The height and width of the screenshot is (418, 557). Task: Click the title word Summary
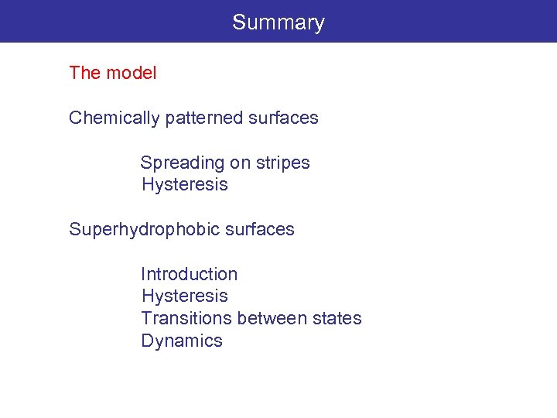278,22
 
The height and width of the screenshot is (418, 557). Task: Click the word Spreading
181,163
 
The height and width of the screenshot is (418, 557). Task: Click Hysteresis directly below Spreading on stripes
184,185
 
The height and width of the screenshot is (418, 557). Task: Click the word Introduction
189,275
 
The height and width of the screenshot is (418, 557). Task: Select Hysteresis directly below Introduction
184,296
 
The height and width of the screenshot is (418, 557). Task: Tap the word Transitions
186,318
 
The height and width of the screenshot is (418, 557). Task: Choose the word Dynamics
182,341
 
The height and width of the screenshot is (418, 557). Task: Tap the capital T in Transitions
146,318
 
